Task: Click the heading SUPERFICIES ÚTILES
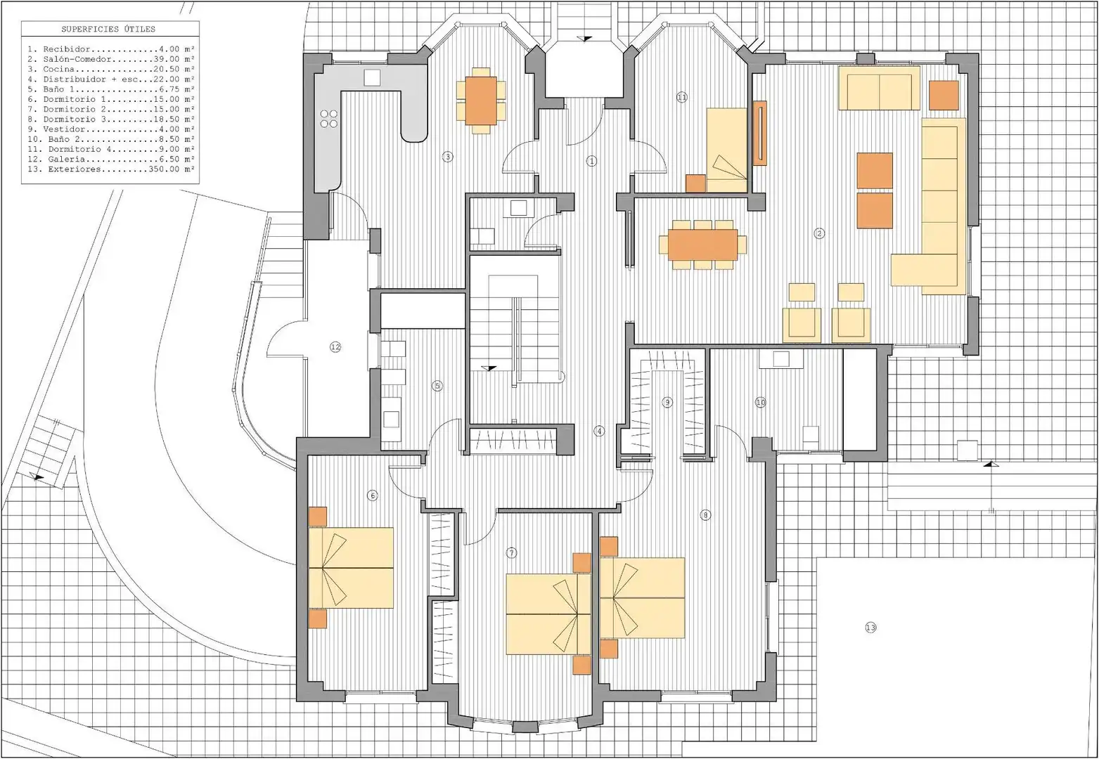click(x=108, y=30)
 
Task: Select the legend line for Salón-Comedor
click(x=111, y=59)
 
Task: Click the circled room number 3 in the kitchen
click(x=447, y=157)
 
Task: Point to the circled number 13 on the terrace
click(x=870, y=628)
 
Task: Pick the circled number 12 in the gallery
click(x=335, y=347)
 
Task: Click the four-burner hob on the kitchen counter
click(x=329, y=119)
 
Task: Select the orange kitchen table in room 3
click(x=481, y=100)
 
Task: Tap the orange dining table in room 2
click(x=702, y=245)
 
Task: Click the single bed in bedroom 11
click(x=726, y=150)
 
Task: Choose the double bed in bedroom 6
click(x=351, y=568)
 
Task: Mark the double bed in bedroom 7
click(x=548, y=614)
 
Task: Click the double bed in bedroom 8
click(x=642, y=597)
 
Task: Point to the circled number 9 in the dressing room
click(x=667, y=403)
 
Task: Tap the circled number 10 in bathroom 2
click(x=761, y=403)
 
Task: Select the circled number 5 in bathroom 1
click(x=437, y=386)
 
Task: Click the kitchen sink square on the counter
click(x=373, y=77)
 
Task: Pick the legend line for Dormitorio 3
click(x=111, y=119)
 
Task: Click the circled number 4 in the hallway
click(x=599, y=431)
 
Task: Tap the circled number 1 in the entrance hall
click(x=592, y=161)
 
